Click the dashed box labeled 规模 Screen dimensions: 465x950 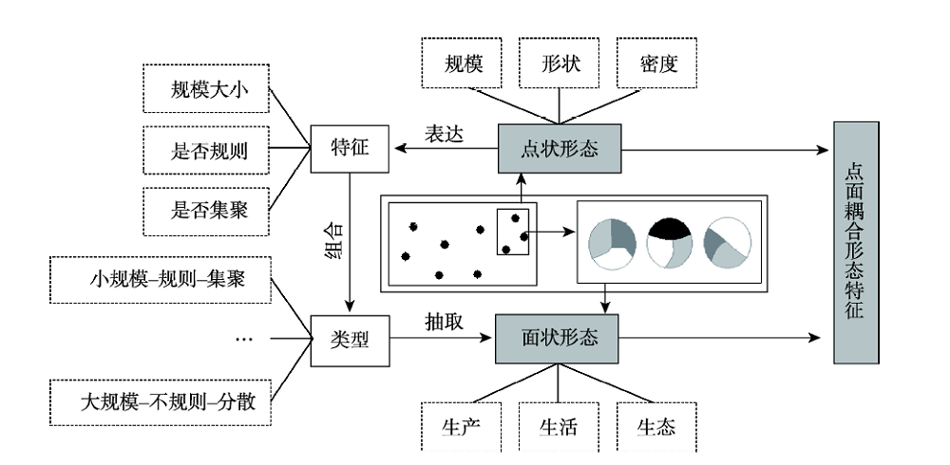pyautogui.click(x=463, y=65)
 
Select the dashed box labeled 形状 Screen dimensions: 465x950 pyautogui.click(x=559, y=65)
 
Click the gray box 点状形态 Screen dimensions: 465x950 pyautogui.click(x=559, y=149)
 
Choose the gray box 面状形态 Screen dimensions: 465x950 pyautogui.click(x=559, y=338)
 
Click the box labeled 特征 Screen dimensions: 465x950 pyautogui.click(x=351, y=148)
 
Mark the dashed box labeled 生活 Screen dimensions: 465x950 pyautogui.click(x=559, y=427)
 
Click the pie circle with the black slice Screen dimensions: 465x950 pyautogui.click(x=670, y=242)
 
